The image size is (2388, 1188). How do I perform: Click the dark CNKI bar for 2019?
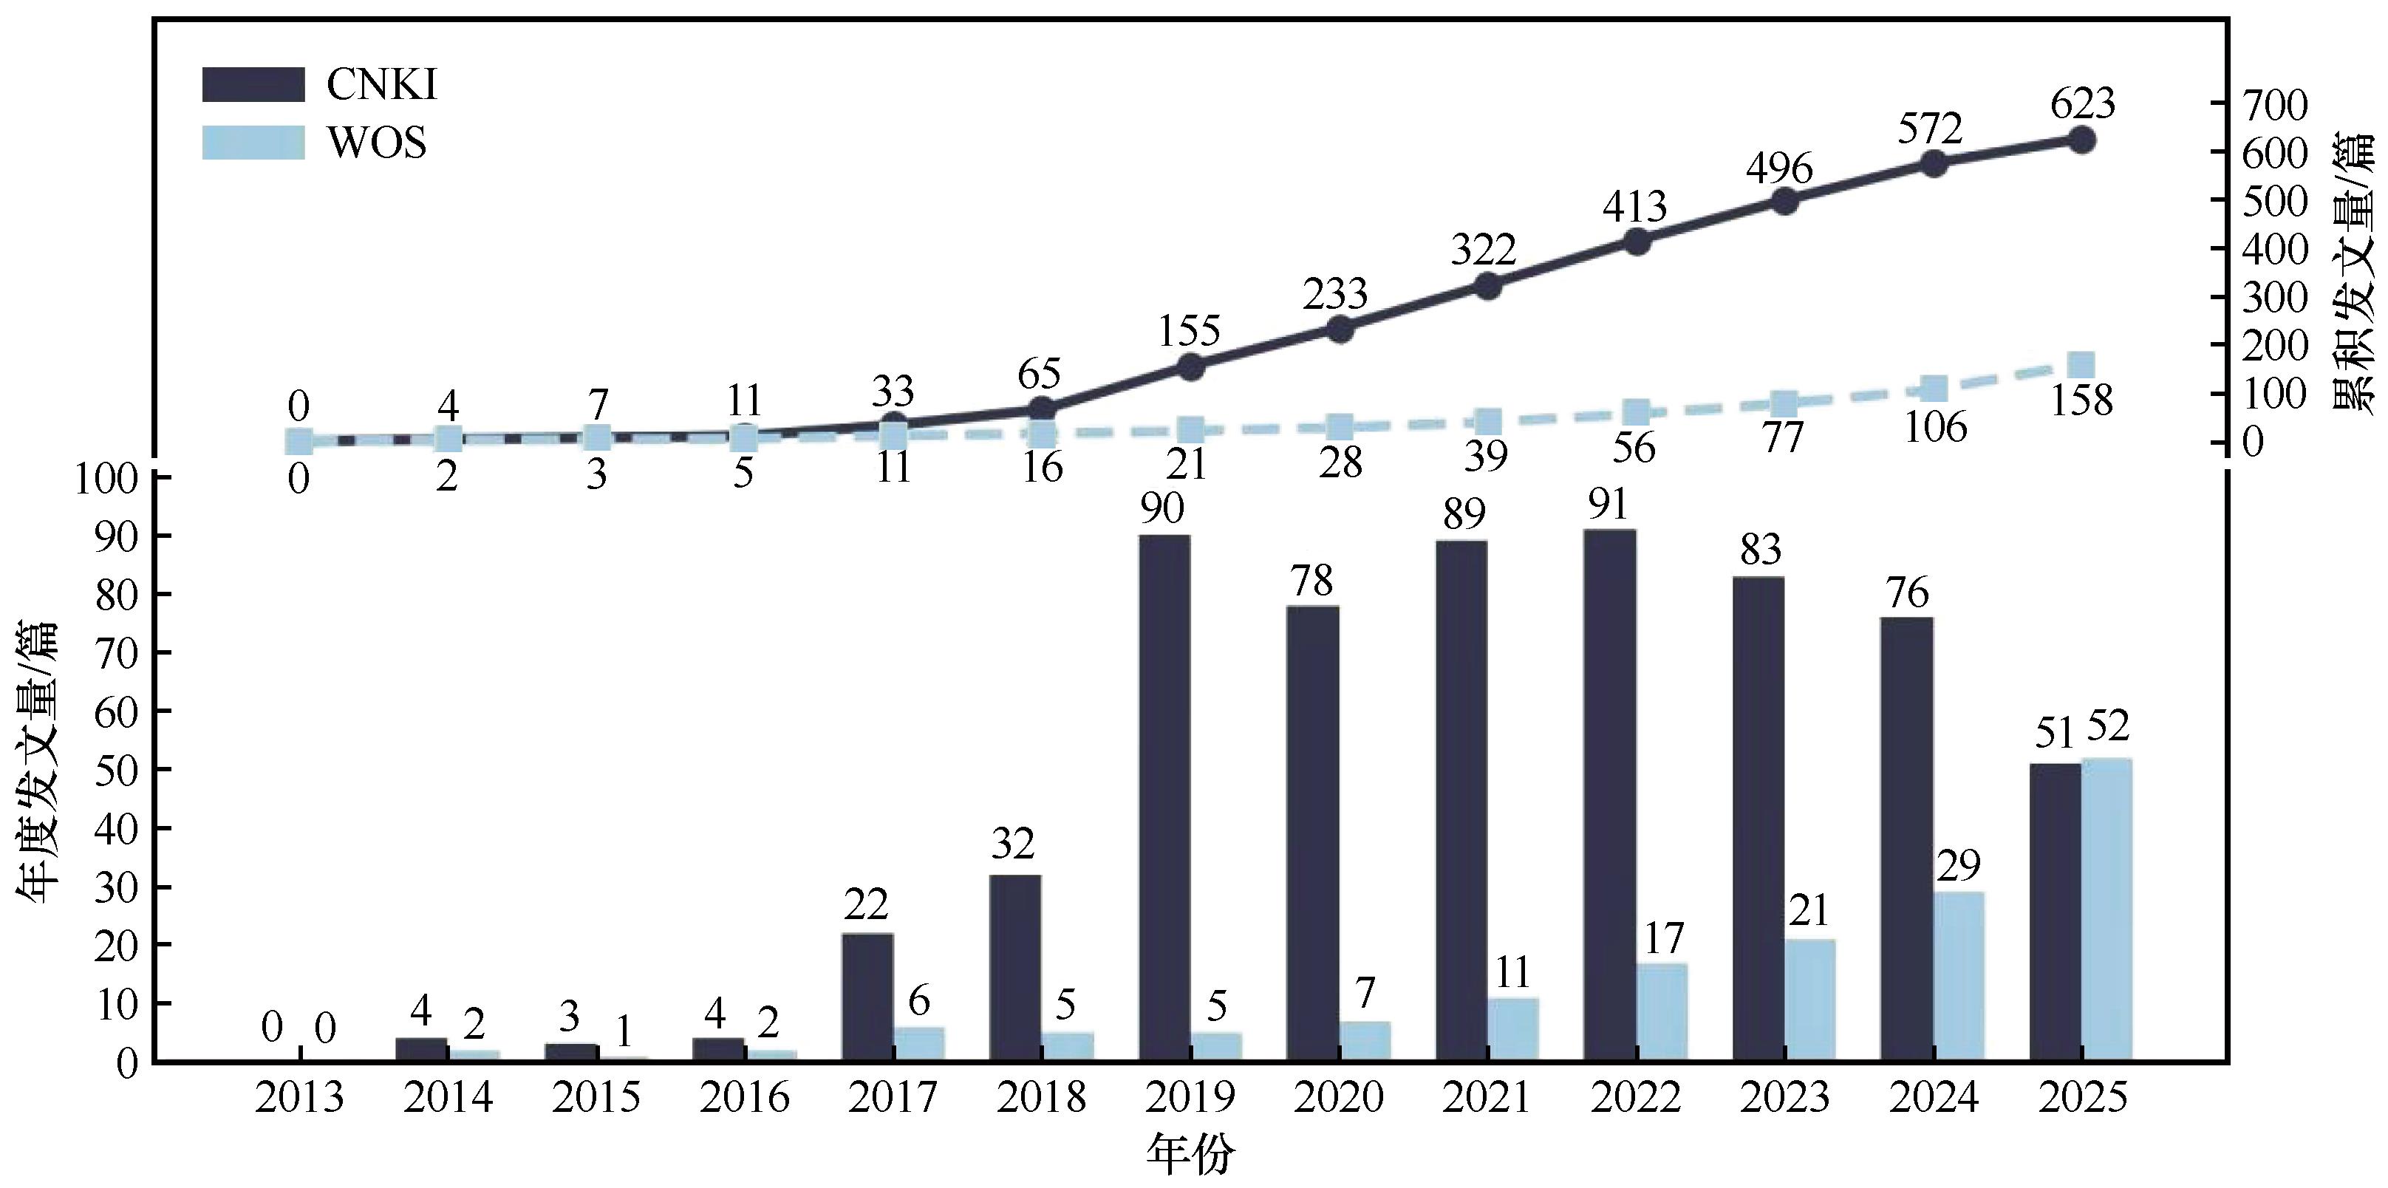tap(1164, 798)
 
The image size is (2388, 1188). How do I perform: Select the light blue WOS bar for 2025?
tap(2106, 909)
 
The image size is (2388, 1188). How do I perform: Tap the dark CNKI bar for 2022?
tap(1610, 795)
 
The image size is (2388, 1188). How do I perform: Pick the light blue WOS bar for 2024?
tap(1958, 976)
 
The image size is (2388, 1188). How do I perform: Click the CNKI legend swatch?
tap(253, 84)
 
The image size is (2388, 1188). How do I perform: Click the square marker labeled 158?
tap(2082, 364)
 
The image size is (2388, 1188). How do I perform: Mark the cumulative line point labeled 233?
tap(1340, 328)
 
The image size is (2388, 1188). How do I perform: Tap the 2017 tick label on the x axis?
tap(893, 1098)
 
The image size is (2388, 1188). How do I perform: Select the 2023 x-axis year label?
tap(1784, 1098)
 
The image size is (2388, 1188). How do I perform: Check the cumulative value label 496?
tap(1779, 168)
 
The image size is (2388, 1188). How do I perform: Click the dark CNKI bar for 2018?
tap(1015, 967)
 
